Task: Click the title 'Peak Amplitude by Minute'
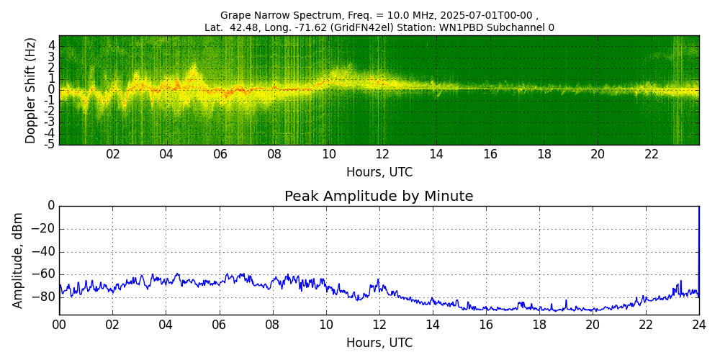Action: point(379,197)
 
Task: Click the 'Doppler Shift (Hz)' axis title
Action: point(31,90)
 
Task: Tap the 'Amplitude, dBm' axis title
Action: point(19,260)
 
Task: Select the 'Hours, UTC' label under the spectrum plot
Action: point(379,173)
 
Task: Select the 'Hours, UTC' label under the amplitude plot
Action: point(379,343)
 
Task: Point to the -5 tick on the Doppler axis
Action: point(50,144)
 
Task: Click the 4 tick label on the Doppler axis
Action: point(52,45)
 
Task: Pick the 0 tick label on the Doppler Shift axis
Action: point(52,90)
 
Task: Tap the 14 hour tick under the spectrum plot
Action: point(436,155)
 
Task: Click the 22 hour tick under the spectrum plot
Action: point(652,155)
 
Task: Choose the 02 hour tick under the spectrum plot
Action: point(113,155)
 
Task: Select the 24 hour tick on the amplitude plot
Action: point(698,325)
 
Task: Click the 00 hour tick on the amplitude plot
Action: point(59,325)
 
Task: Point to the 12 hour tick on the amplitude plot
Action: point(379,325)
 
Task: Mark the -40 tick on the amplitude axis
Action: point(45,251)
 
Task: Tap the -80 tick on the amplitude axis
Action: point(45,297)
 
